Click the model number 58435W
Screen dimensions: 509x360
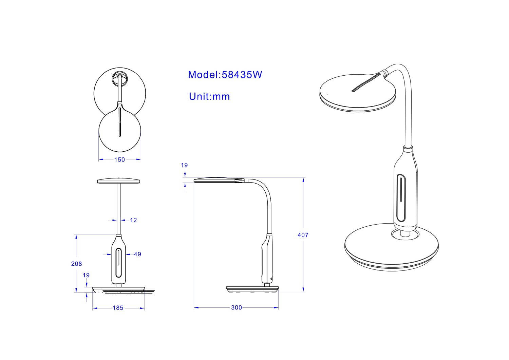click(x=242, y=75)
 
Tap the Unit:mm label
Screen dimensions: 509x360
click(x=209, y=97)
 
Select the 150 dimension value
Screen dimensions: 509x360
click(x=119, y=160)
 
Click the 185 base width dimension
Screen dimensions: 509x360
click(x=118, y=308)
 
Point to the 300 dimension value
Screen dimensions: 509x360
click(x=236, y=308)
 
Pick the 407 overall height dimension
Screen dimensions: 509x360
click(x=303, y=235)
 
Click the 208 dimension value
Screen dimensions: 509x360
click(x=76, y=264)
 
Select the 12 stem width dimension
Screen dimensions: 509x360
click(x=133, y=220)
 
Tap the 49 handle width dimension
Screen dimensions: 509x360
click(x=137, y=254)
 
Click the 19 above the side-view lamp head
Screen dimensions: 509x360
click(x=184, y=165)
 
